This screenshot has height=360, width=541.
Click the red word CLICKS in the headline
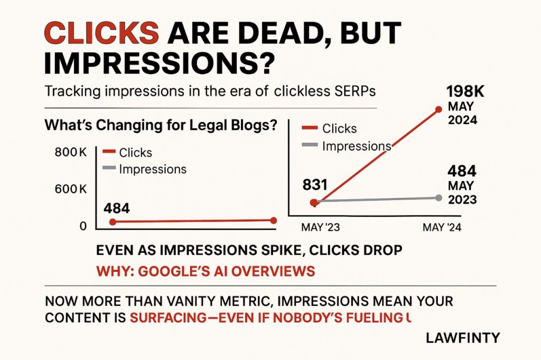click(102, 33)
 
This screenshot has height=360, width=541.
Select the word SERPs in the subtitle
click(355, 91)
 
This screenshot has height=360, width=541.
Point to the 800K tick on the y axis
click(71, 152)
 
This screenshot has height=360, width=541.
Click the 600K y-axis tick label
click(71, 190)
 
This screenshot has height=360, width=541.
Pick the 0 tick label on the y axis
click(83, 226)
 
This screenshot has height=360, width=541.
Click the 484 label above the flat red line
click(117, 209)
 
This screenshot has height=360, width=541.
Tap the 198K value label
click(465, 92)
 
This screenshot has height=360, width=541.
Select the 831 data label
click(315, 185)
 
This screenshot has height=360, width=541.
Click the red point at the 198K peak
click(439, 109)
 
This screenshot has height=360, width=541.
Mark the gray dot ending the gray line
click(439, 197)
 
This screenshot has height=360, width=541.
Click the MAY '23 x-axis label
click(321, 227)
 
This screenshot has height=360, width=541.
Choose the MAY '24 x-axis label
click(442, 227)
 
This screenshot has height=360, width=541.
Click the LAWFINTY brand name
click(463, 338)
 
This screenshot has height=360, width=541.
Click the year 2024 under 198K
click(462, 120)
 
